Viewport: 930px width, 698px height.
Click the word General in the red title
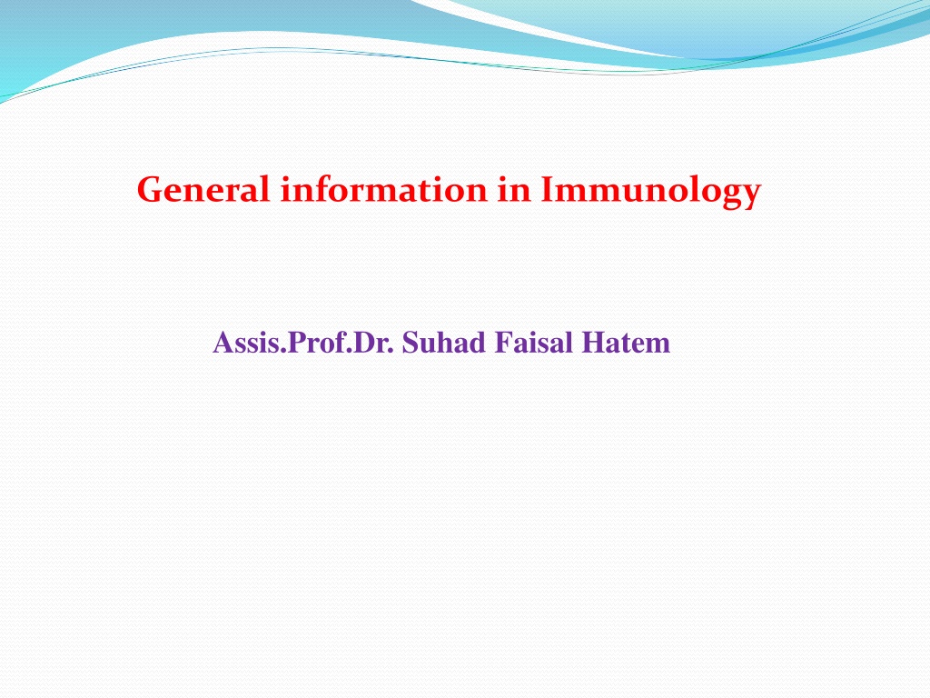(x=203, y=190)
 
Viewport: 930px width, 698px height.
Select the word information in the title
(x=384, y=189)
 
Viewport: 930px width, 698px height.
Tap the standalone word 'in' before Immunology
(x=514, y=189)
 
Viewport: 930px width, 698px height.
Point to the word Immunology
(x=650, y=192)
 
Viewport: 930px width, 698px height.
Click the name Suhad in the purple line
(x=443, y=343)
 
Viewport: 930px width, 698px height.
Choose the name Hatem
(x=626, y=343)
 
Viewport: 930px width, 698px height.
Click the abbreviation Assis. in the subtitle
(x=250, y=343)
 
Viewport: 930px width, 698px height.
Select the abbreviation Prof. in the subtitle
(x=320, y=343)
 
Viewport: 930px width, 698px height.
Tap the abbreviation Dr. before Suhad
(x=373, y=343)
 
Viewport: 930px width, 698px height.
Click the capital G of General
(x=152, y=190)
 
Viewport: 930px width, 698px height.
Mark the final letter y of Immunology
(x=750, y=196)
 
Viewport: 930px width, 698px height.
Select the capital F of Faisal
(x=502, y=343)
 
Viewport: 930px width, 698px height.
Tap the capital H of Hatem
(x=592, y=343)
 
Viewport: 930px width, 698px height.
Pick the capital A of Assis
(x=222, y=343)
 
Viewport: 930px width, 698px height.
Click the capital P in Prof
(x=295, y=343)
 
